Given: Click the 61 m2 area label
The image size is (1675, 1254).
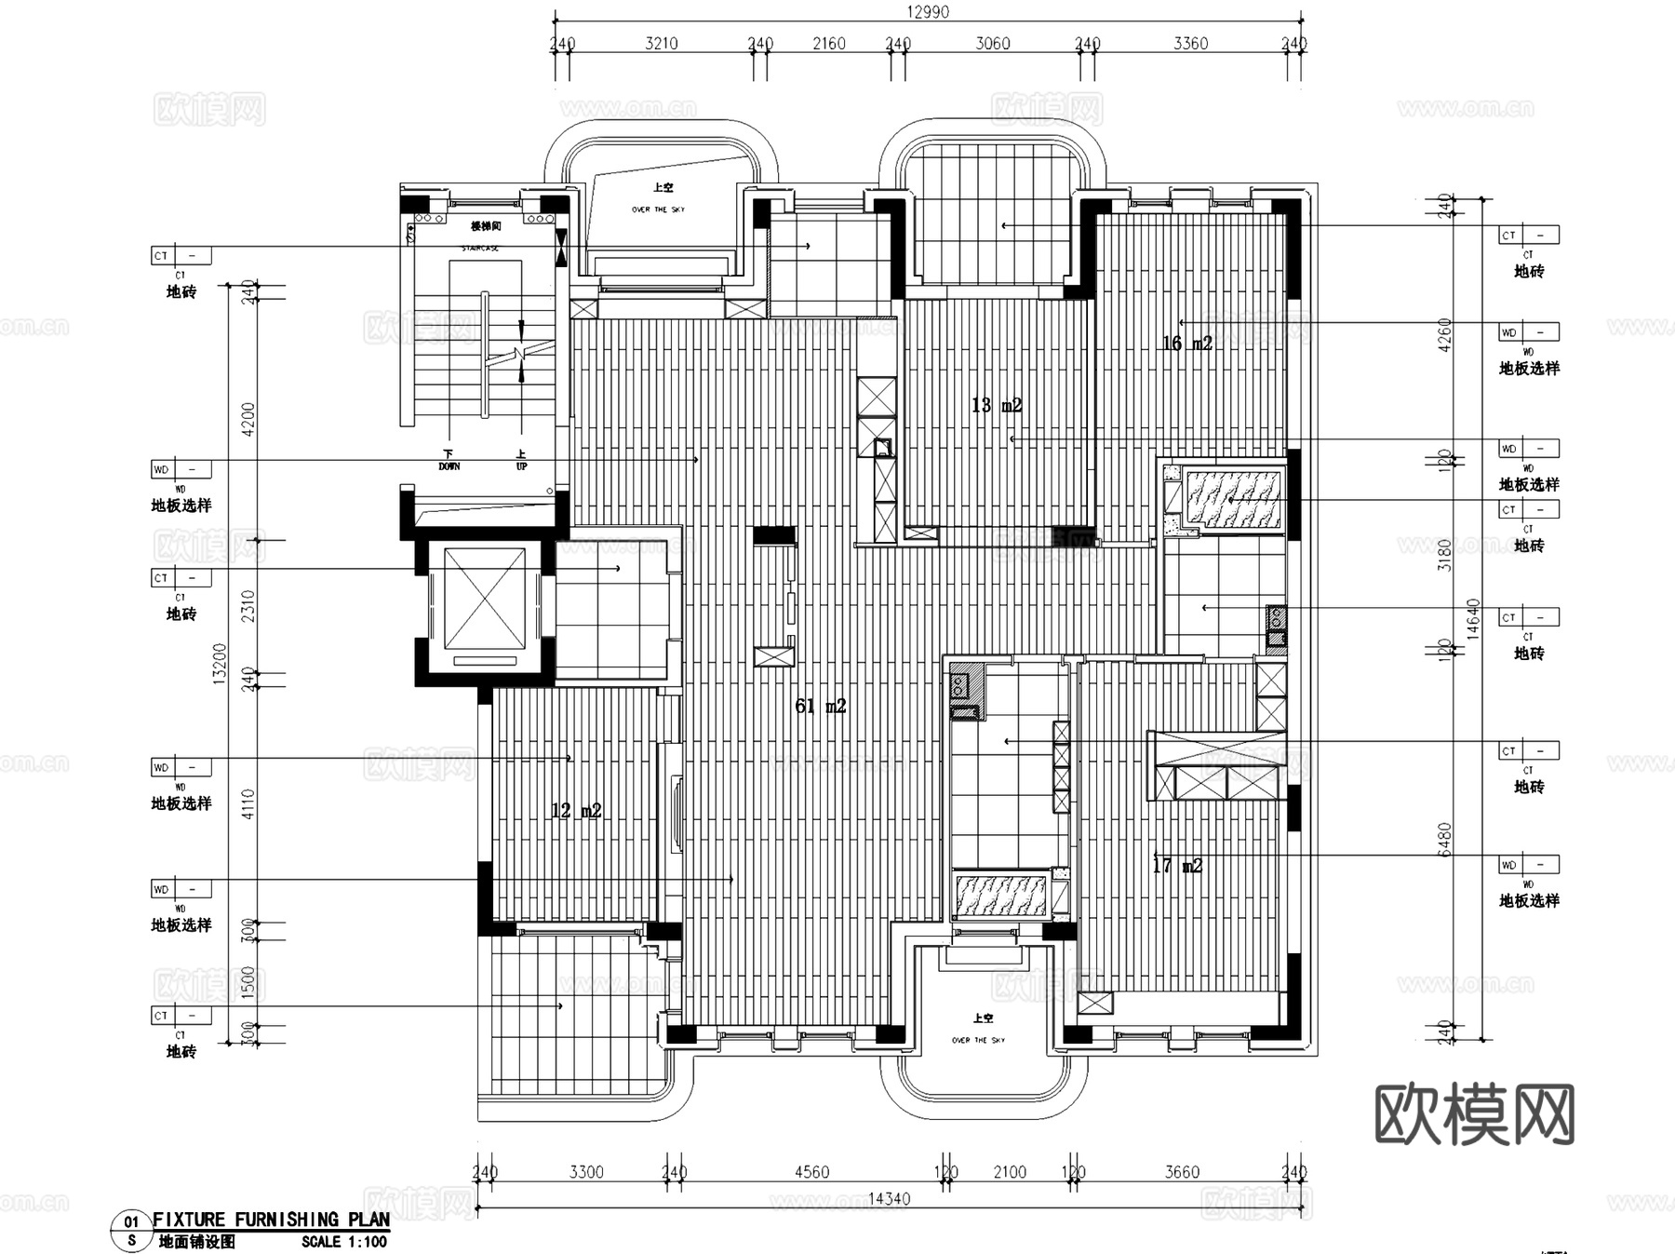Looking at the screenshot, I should [820, 707].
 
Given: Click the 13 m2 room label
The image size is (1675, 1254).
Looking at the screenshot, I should [997, 405].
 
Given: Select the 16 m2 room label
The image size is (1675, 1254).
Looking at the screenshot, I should [1186, 344].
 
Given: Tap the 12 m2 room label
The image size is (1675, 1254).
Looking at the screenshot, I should [576, 811].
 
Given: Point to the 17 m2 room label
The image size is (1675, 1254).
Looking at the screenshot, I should [1177, 866].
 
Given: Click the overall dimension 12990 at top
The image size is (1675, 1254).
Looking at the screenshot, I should [928, 12].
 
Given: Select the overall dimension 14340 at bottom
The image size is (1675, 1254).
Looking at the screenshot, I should [888, 1199].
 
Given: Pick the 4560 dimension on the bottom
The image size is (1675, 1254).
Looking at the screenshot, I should [811, 1172].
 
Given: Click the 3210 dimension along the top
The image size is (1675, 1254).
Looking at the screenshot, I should [662, 44].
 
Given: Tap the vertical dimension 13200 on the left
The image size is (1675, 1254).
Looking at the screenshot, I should [221, 663].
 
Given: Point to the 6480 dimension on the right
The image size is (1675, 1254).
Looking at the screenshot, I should [1443, 840].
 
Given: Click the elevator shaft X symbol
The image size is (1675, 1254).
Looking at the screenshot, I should [484, 599].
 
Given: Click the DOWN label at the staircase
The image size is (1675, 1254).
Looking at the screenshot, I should [449, 465].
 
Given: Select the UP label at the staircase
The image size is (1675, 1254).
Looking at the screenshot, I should [521, 465].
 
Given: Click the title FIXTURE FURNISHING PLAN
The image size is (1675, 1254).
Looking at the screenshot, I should [271, 1220].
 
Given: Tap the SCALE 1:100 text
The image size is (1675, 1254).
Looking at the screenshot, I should [343, 1242].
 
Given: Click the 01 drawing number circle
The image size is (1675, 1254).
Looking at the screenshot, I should [131, 1222].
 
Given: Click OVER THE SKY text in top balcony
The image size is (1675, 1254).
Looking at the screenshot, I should [658, 209].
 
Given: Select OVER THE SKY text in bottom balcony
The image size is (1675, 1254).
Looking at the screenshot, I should [978, 1040].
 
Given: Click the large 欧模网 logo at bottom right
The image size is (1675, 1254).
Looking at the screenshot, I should [1474, 1113].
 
